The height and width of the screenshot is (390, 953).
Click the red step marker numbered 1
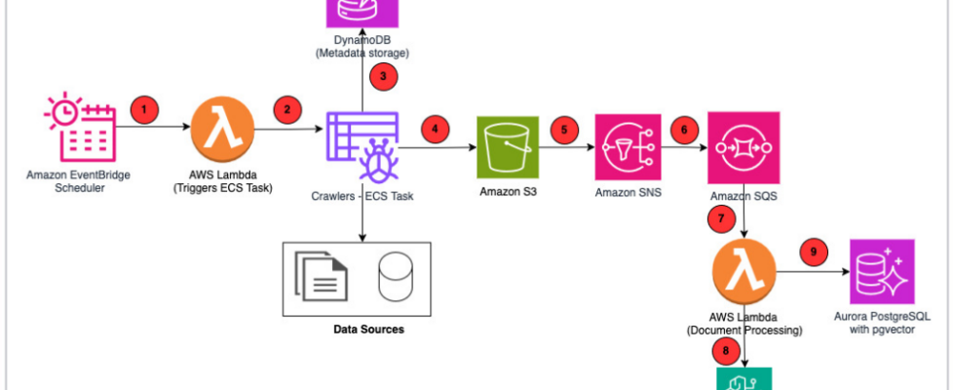144,109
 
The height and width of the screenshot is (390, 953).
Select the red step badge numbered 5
563,129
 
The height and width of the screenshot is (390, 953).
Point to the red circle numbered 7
722,218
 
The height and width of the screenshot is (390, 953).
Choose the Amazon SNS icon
629,146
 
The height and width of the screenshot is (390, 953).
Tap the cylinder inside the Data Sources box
395,278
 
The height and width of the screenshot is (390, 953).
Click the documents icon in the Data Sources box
322,278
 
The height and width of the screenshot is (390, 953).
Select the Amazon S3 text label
508,192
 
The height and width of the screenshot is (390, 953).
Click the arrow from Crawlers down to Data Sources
362,219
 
